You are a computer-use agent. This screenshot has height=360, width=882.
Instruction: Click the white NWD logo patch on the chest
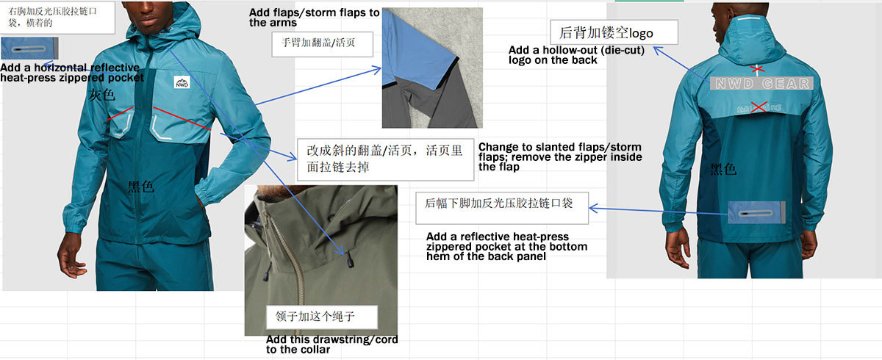[182, 82]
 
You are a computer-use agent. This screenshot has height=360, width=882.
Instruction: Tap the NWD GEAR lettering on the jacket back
[761, 84]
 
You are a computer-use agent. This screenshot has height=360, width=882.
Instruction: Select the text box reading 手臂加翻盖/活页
[323, 44]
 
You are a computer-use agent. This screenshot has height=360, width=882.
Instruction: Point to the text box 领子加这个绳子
[322, 317]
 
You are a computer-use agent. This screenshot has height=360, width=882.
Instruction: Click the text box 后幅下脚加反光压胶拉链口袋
[502, 208]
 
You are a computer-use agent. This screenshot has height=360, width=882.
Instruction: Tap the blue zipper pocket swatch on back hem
[756, 213]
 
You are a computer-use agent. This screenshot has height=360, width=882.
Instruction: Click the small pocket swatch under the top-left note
[29, 48]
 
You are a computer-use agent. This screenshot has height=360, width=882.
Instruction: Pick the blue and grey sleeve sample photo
[432, 68]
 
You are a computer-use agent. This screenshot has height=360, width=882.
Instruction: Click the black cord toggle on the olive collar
[349, 260]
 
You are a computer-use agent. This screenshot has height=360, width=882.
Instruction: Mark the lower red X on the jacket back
[759, 107]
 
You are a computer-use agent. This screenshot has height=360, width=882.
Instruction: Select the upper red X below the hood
[757, 70]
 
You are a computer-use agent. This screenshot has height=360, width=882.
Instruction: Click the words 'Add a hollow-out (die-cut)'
[576, 51]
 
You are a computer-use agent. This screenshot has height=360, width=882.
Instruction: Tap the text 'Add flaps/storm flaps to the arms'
[315, 18]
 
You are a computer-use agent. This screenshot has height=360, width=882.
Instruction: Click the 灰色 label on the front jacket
[101, 95]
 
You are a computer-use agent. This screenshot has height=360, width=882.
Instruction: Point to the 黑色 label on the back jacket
[723, 169]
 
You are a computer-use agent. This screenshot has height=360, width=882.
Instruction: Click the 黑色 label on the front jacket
[140, 186]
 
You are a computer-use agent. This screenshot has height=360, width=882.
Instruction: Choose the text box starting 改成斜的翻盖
[385, 159]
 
